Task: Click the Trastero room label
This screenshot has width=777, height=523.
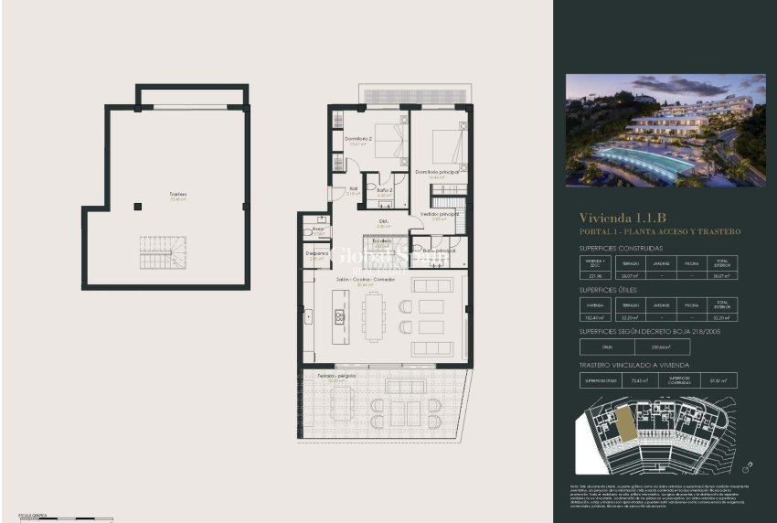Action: pos(177,195)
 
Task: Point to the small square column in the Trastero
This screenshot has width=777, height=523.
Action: pos(137,207)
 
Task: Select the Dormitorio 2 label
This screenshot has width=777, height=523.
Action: pos(357,139)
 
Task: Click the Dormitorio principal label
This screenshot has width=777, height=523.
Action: pos(436,171)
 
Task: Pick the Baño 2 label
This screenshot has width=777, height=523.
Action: pos(384,190)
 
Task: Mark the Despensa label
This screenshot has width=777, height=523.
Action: pos(316,253)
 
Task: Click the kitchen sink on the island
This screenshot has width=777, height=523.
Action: pos(337,317)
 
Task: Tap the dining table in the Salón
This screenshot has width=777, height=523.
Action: pos(372,316)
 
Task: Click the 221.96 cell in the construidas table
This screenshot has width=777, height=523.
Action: pos(597,275)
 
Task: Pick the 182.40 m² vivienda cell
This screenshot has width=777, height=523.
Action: pos(595,315)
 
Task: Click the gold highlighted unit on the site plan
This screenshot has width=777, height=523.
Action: pos(624,422)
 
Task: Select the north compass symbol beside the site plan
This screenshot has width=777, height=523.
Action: pos(748,465)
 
